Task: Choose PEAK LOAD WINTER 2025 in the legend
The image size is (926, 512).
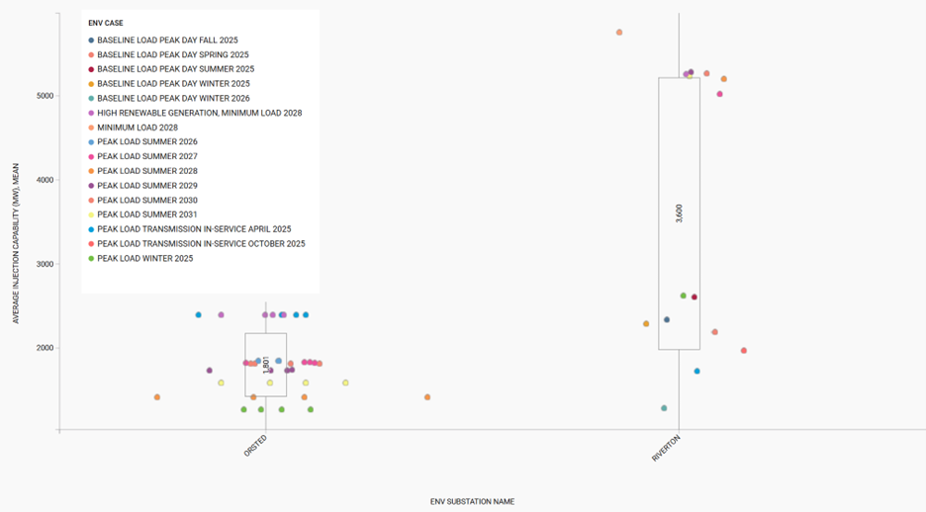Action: (x=144, y=258)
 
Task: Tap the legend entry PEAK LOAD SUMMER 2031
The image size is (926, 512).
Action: (x=147, y=214)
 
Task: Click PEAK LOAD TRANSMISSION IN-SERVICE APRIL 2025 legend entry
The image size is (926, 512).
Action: (x=194, y=229)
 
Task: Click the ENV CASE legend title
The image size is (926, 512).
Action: (x=105, y=22)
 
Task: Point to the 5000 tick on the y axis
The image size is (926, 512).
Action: (x=45, y=96)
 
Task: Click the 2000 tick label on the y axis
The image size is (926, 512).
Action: (x=45, y=348)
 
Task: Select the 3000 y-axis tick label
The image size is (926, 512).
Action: (x=45, y=264)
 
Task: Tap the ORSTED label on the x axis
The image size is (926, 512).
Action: (x=255, y=446)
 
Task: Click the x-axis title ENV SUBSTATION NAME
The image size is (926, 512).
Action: (x=472, y=501)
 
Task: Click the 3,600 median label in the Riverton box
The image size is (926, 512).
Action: (x=679, y=214)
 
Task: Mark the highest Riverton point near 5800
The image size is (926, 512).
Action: (x=619, y=33)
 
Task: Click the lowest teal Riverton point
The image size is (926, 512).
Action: (x=664, y=408)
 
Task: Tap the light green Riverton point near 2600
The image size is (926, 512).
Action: (x=683, y=296)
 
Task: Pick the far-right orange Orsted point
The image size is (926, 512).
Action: (x=427, y=397)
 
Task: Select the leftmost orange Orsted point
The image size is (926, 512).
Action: (x=157, y=397)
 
